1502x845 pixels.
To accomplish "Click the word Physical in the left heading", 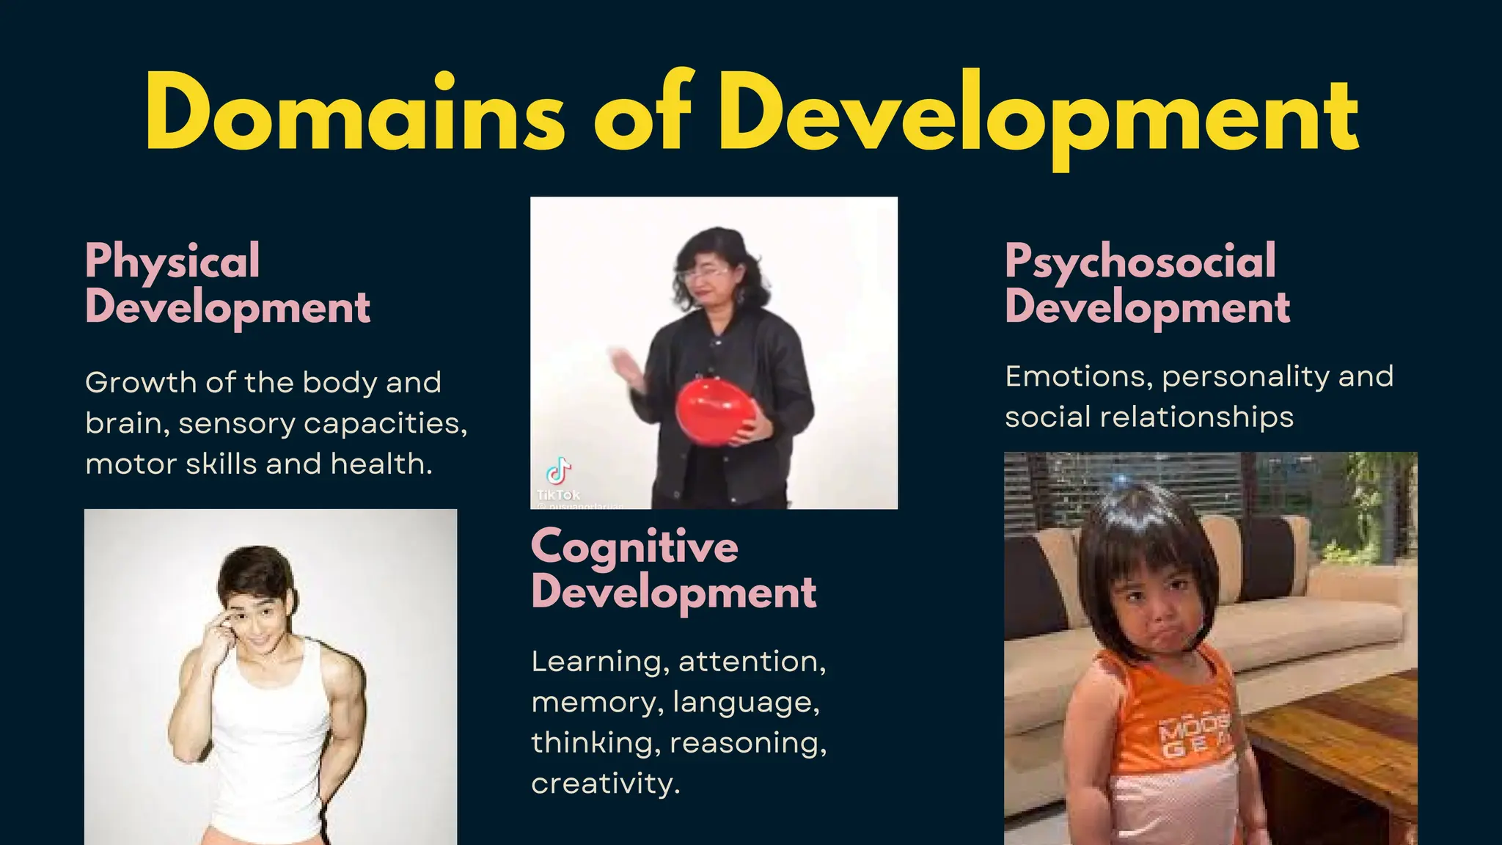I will pos(172,262).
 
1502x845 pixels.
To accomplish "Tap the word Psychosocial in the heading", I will pos(1140,262).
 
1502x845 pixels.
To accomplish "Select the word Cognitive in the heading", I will pos(634,548).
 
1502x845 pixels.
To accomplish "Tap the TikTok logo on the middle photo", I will pos(559,472).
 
